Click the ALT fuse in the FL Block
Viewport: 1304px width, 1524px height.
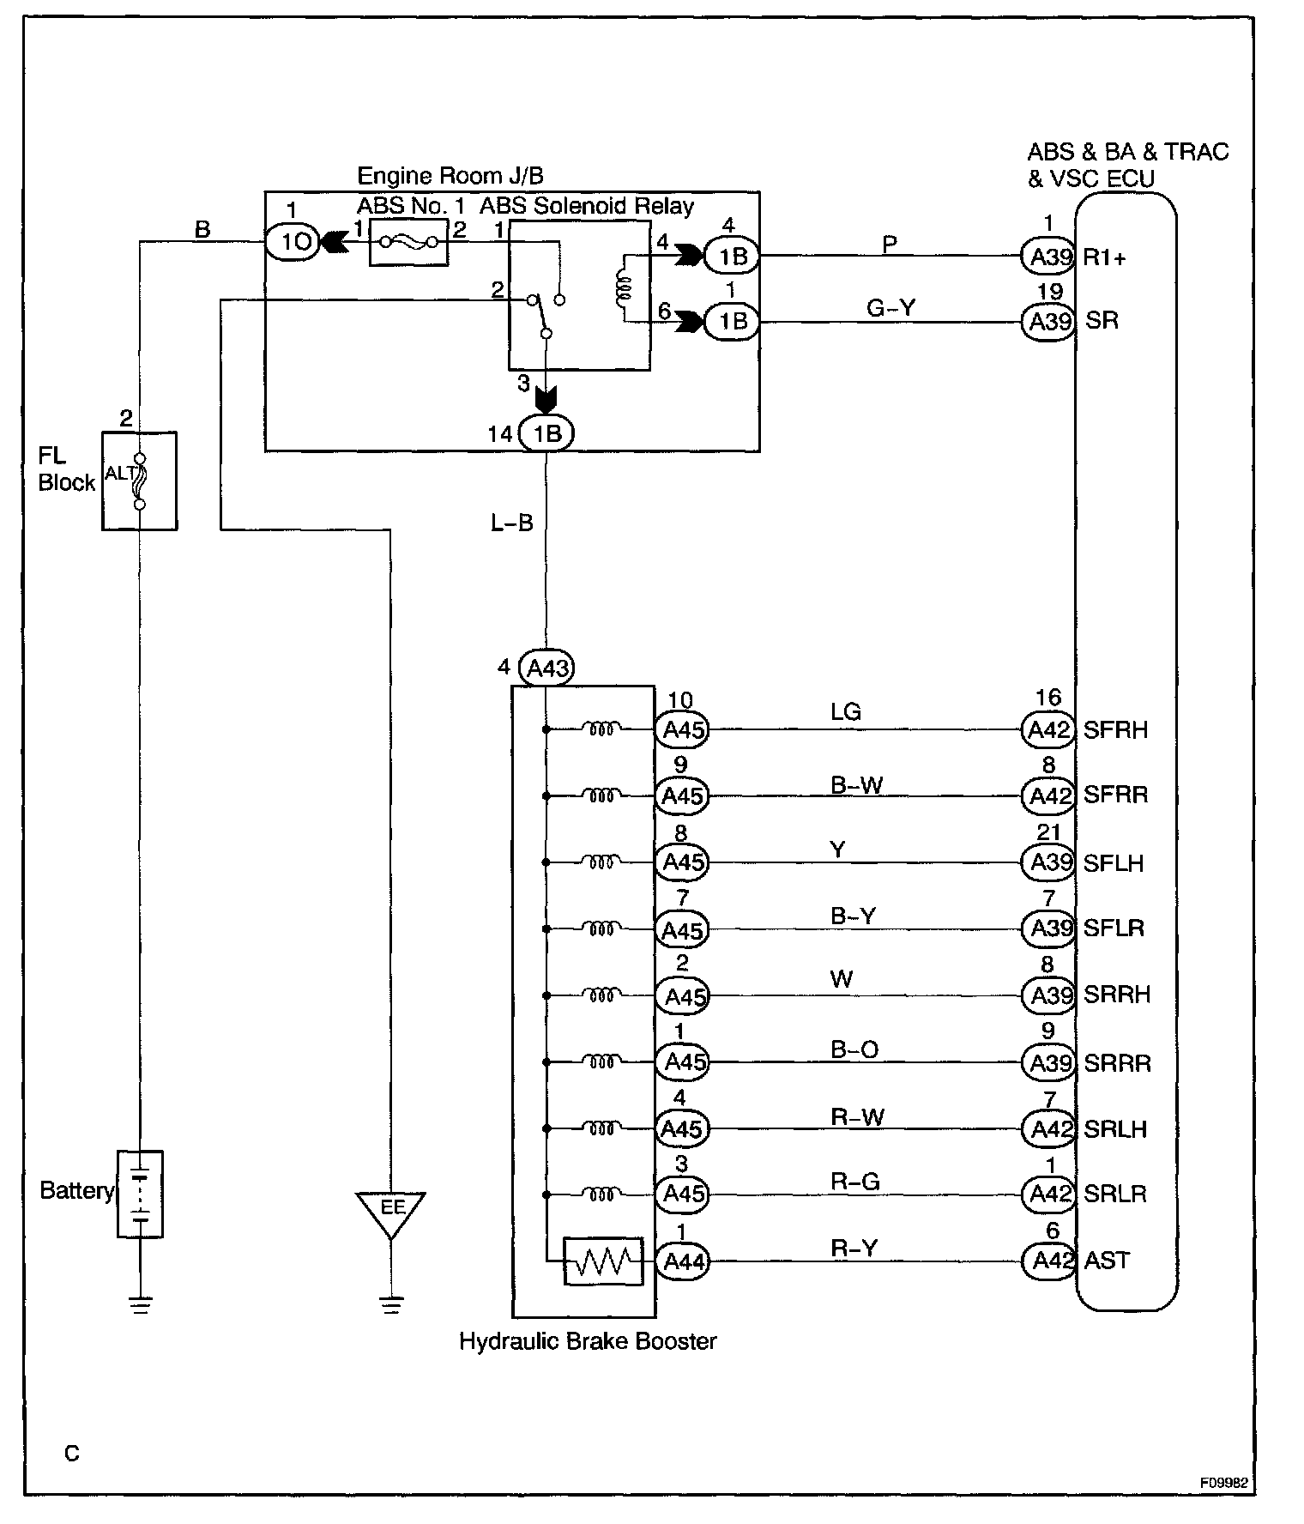point(139,481)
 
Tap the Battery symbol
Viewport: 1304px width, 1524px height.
point(140,1194)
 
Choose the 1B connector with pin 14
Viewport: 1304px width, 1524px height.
point(546,434)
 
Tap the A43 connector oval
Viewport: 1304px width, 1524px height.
point(546,668)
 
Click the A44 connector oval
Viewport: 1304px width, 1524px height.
point(683,1261)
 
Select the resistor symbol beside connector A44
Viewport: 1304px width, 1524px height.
point(603,1261)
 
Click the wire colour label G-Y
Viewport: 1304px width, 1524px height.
point(890,307)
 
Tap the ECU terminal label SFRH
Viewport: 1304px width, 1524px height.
point(1115,729)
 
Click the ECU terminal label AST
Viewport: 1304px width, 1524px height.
point(1107,1260)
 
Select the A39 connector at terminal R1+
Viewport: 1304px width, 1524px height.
point(1048,255)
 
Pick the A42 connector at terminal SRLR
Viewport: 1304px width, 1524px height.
point(1048,1194)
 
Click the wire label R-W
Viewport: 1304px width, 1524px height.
point(857,1116)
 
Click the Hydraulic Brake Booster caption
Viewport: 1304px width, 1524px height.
point(588,1341)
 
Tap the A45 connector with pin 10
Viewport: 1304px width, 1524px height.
point(683,729)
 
